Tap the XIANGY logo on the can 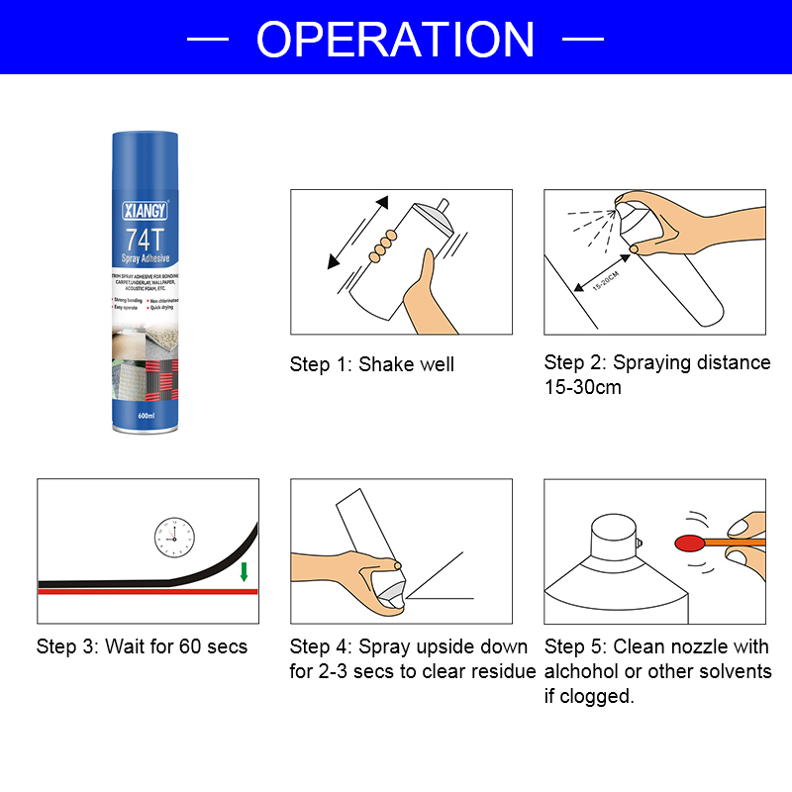coord(148,211)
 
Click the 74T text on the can coord(147,239)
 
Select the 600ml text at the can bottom coord(147,417)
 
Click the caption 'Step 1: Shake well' coord(371,364)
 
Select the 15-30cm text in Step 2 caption coord(583,387)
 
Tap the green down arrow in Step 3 coord(244,572)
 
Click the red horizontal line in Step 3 coord(148,591)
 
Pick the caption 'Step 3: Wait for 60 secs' coord(142,646)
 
